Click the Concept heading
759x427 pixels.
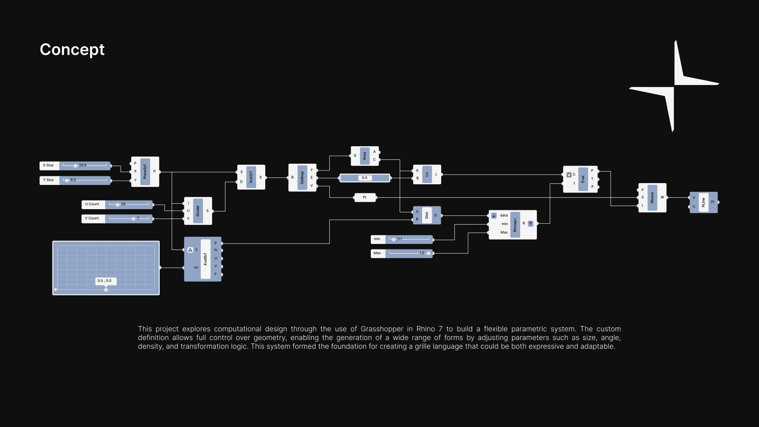72,50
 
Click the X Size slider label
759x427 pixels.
49,165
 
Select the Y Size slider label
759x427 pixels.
49,180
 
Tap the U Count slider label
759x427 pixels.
93,204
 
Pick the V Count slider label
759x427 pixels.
93,218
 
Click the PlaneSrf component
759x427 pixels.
145,172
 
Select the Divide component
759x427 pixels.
198,211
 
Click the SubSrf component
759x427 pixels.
251,177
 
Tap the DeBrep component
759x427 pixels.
302,178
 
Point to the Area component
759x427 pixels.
364,156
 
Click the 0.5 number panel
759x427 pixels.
364,178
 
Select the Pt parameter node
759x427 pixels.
364,197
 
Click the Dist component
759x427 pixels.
427,215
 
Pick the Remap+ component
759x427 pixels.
515,225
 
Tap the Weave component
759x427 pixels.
652,198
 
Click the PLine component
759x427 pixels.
703,202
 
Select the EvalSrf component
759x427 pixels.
205,259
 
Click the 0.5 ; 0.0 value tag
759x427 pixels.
105,281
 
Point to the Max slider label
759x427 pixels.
378,253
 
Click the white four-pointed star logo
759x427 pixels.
674,86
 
